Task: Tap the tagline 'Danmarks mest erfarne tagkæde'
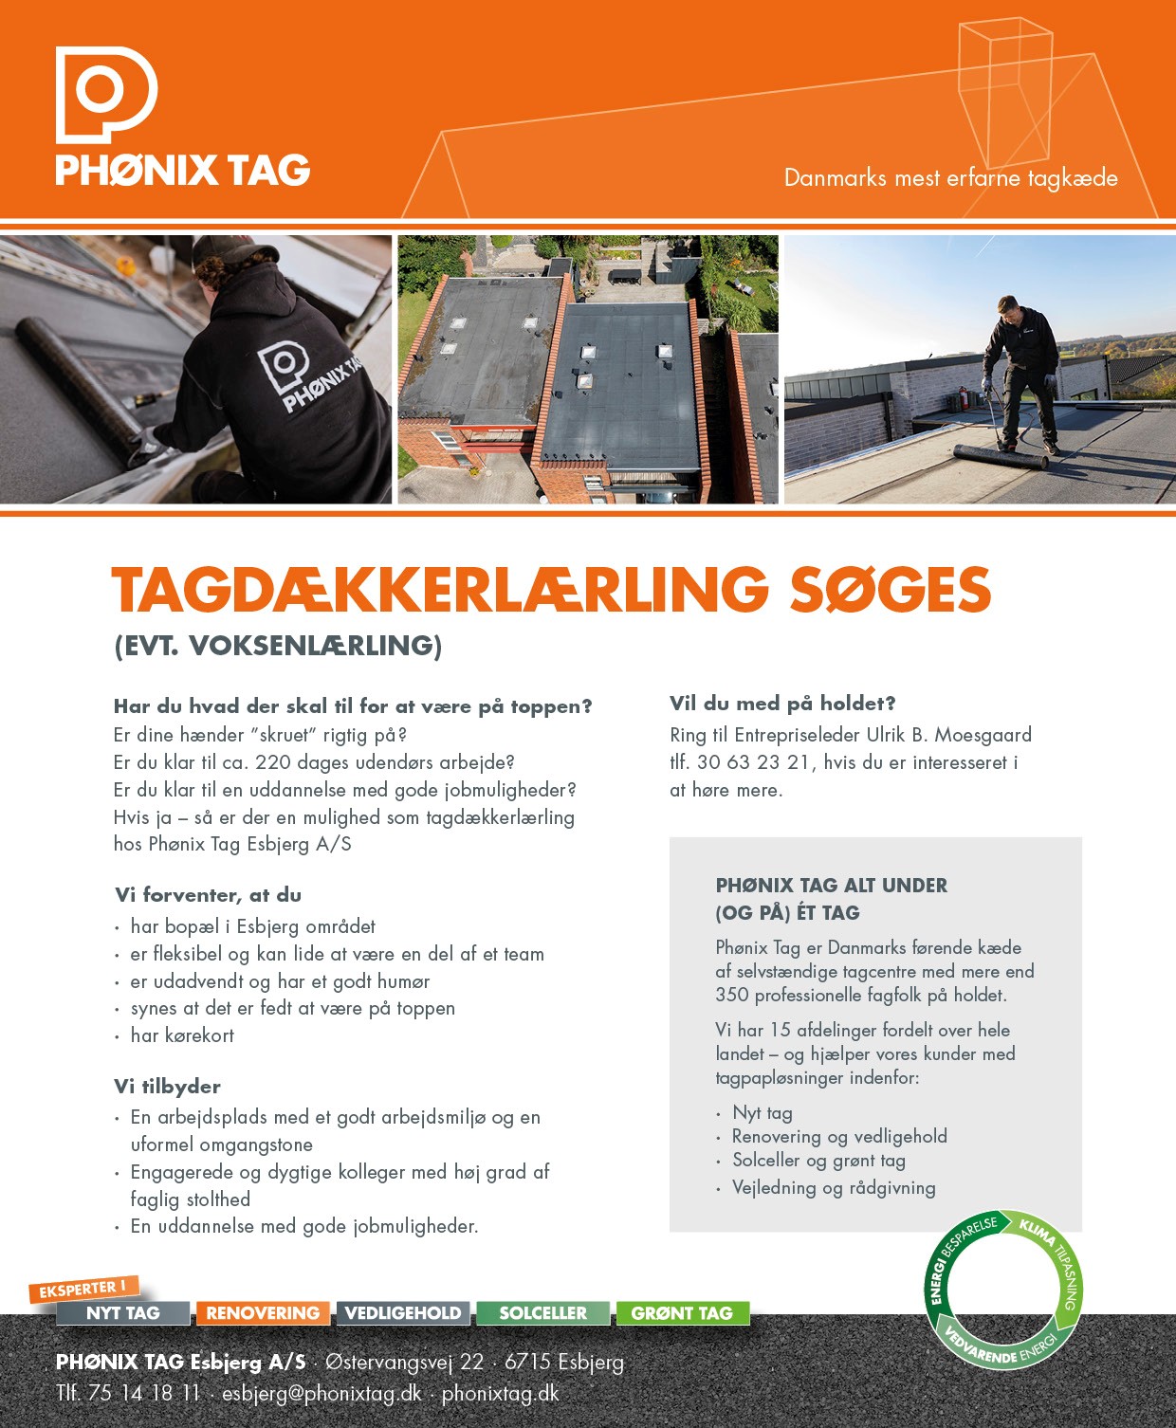[x=950, y=178]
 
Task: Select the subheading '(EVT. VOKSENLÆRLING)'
[x=278, y=646]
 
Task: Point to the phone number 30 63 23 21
[x=753, y=762]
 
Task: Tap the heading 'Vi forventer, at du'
[x=208, y=895]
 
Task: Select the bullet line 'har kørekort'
[x=182, y=1035]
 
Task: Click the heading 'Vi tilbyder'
[x=167, y=1087]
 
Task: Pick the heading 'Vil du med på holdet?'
[x=782, y=704]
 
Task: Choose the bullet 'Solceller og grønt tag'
[x=818, y=1161]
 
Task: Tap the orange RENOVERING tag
[x=263, y=1313]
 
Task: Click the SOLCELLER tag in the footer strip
[x=542, y=1313]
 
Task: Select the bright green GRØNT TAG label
[x=682, y=1313]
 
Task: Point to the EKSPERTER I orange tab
[x=83, y=1290]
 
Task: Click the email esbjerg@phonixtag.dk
[x=322, y=1393]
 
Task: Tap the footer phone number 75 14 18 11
[x=143, y=1393]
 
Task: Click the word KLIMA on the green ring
[x=1037, y=1231]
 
